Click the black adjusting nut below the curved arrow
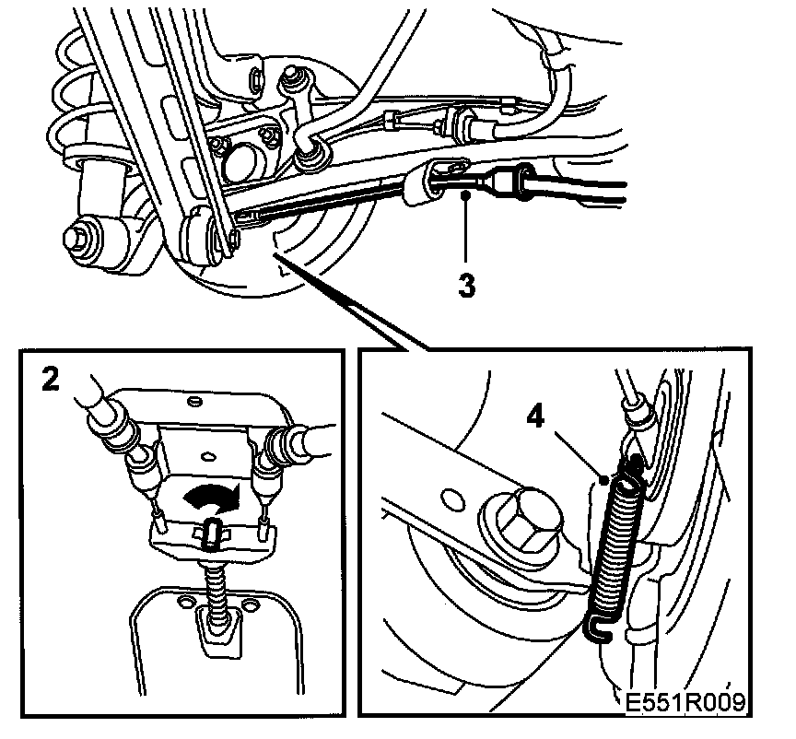[211, 534]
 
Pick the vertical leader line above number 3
[467, 230]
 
